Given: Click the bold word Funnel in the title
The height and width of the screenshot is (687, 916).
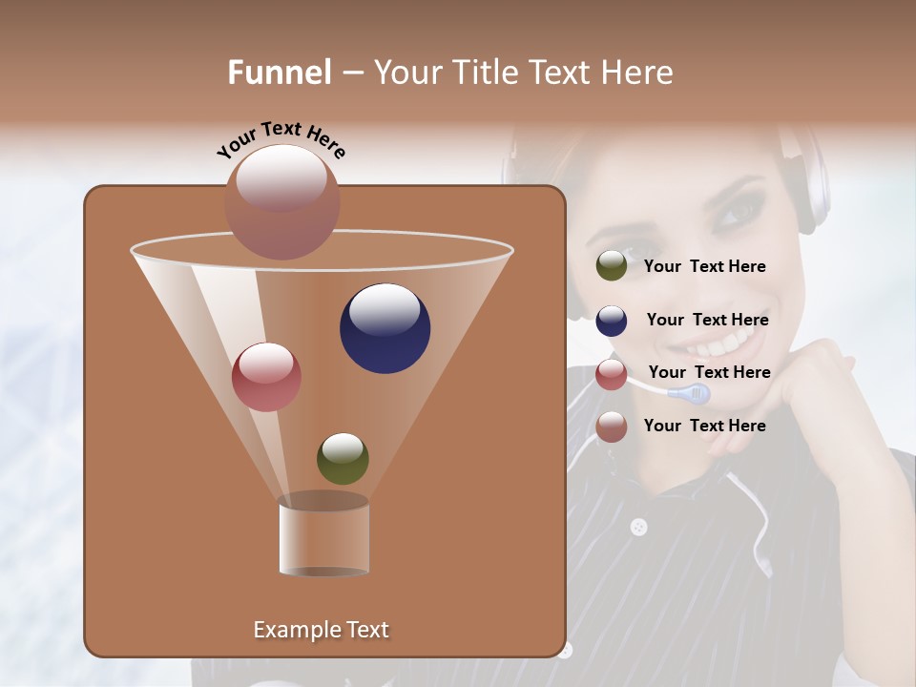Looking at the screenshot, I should pyautogui.click(x=279, y=73).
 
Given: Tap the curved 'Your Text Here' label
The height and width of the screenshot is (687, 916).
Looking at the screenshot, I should pyautogui.click(x=281, y=140).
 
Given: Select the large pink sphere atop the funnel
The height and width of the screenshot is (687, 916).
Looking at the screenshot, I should pyautogui.click(x=281, y=201).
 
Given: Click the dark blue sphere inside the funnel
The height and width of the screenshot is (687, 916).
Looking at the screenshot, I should pyautogui.click(x=385, y=328).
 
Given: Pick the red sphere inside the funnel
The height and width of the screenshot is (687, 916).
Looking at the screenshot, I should pyautogui.click(x=266, y=377).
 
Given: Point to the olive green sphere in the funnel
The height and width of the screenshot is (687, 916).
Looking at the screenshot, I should pyautogui.click(x=343, y=458).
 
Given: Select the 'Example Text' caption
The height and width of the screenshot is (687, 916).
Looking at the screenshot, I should pyautogui.click(x=321, y=630).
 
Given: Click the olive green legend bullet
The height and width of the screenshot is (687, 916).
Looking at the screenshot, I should pyautogui.click(x=611, y=266).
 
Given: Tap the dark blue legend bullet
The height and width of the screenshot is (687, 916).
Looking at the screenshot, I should pyautogui.click(x=611, y=321).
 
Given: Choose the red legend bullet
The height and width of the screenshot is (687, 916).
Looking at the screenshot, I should pyautogui.click(x=611, y=374).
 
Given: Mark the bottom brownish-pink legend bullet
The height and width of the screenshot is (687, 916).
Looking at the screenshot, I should pyautogui.click(x=611, y=427).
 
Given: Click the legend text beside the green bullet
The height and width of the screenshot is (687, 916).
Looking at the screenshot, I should pyautogui.click(x=704, y=266).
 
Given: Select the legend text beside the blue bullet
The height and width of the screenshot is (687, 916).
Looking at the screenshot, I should pyautogui.click(x=707, y=320).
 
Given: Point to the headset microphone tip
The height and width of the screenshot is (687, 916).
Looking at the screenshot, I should pyautogui.click(x=690, y=392).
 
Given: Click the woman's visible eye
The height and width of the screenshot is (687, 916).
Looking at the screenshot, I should pyautogui.click(x=735, y=212).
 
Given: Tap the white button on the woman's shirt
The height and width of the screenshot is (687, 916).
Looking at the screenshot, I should pyautogui.click(x=638, y=527).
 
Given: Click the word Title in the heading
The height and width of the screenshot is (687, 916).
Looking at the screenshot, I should pyautogui.click(x=489, y=73).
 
